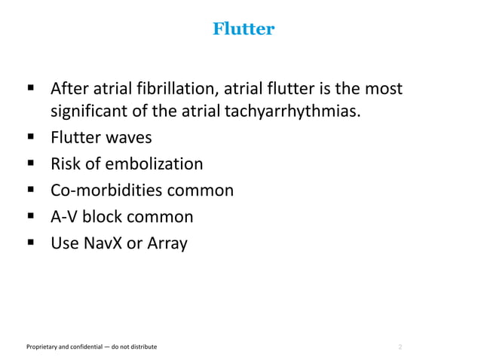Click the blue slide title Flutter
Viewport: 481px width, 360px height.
click(244, 29)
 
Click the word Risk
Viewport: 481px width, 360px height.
click(66, 164)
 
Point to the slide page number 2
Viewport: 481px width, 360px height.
click(400, 346)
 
